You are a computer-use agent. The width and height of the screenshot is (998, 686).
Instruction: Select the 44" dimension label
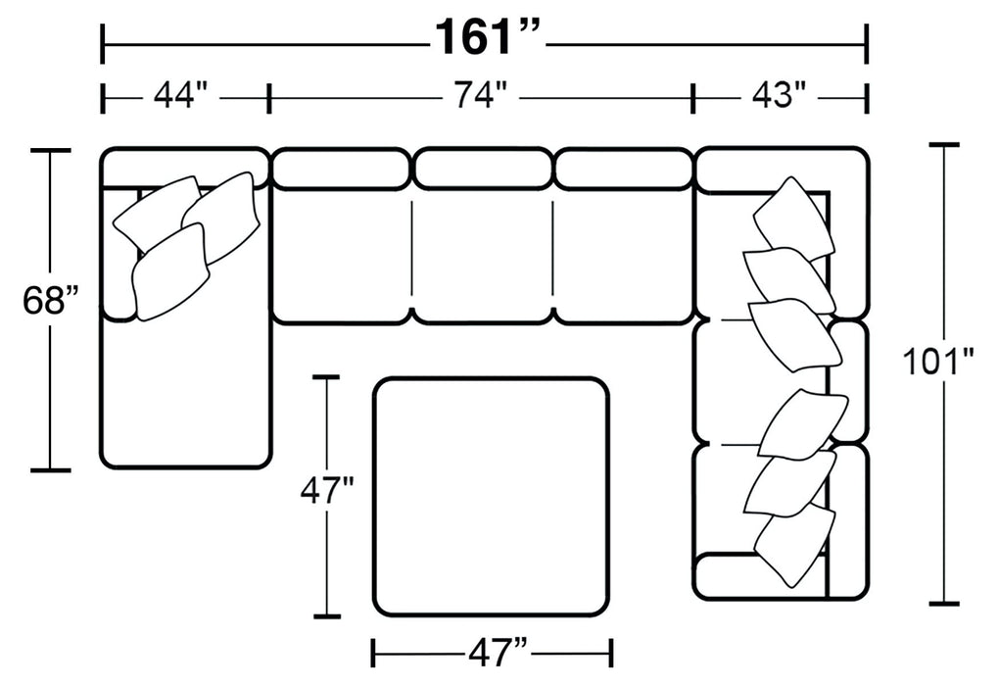pyautogui.click(x=180, y=97)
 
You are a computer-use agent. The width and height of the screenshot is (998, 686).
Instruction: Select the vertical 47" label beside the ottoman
pyautogui.click(x=326, y=490)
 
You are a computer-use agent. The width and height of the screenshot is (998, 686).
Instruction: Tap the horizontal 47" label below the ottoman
pyautogui.click(x=492, y=651)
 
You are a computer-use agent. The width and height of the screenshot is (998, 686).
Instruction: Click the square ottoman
pyautogui.click(x=492, y=496)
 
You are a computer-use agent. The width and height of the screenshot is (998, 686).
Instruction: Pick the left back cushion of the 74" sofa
pyautogui.click(x=340, y=169)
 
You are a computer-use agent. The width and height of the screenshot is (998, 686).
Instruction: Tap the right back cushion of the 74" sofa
pyautogui.click(x=623, y=169)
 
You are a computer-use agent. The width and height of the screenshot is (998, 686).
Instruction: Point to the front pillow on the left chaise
pyautogui.click(x=171, y=272)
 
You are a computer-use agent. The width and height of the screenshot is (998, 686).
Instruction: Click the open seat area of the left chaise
pyautogui.click(x=186, y=392)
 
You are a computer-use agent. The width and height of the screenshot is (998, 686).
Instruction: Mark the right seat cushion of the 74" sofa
pyautogui.click(x=623, y=255)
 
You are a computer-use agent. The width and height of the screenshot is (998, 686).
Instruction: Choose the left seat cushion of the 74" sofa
pyautogui.click(x=340, y=255)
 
